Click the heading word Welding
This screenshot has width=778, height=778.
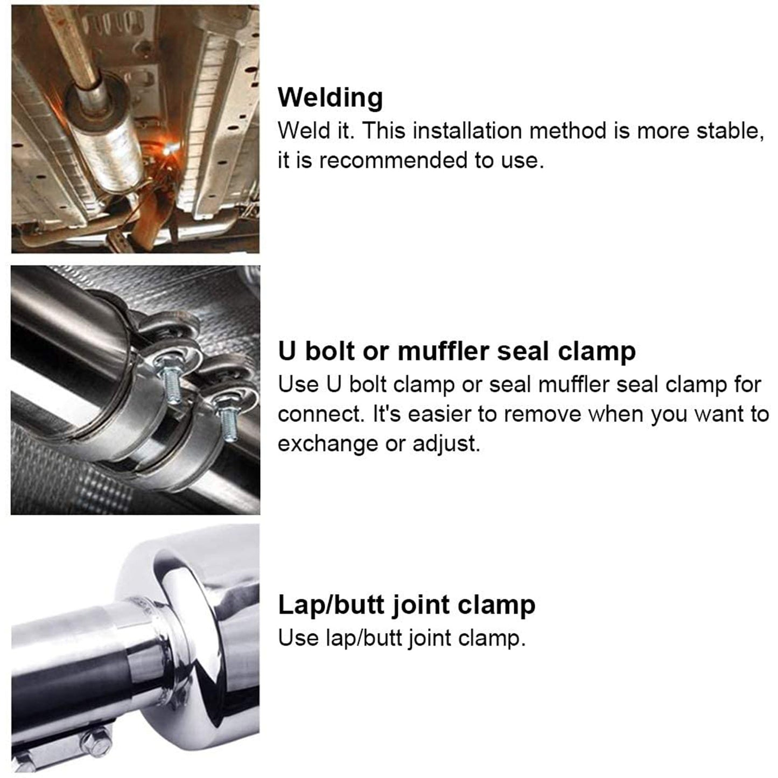(330, 97)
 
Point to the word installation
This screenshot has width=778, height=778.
(467, 131)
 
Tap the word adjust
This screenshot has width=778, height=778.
(446, 444)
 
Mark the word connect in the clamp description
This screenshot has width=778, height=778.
(320, 414)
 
